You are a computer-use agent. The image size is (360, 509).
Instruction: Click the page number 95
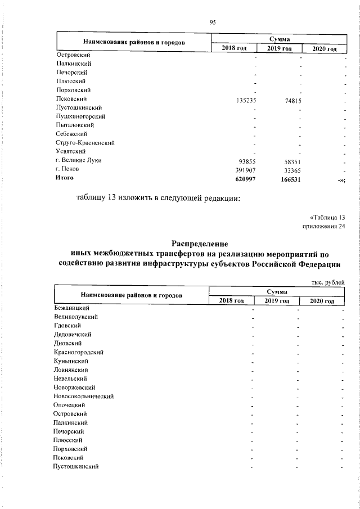(213, 22)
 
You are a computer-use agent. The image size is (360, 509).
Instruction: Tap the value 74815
(287, 99)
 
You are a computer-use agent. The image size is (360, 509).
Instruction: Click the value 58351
(289, 160)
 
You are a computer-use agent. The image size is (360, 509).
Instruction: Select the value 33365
(289, 169)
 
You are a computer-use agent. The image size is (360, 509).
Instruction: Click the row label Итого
(65, 177)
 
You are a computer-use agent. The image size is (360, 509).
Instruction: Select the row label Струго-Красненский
(85, 142)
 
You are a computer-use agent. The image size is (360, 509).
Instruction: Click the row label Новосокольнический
(84, 396)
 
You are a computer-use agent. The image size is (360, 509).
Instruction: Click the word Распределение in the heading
(200, 244)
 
